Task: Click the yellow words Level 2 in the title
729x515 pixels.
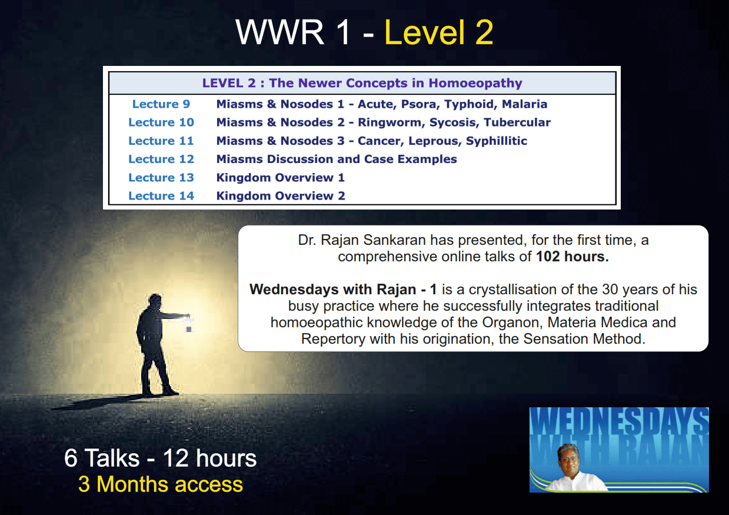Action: point(439,32)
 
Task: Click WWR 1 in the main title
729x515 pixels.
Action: point(292,32)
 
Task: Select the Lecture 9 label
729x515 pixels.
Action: point(161,104)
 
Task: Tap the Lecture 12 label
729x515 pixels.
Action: point(161,159)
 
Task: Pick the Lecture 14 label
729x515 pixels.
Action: point(161,195)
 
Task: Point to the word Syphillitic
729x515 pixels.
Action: point(497,141)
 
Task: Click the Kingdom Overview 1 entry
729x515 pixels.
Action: point(281,177)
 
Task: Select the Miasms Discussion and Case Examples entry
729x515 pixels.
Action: point(337,159)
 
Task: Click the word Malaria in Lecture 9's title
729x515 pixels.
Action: point(524,104)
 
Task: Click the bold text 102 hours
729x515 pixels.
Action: point(572,257)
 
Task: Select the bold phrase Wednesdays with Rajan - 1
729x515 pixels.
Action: point(343,290)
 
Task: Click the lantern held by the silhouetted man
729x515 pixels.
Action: point(188,324)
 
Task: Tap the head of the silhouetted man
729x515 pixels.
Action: point(155,301)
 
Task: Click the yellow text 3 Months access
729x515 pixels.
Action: point(161,484)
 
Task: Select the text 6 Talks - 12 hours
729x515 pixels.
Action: point(161,458)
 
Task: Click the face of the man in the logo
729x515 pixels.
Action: point(569,460)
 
